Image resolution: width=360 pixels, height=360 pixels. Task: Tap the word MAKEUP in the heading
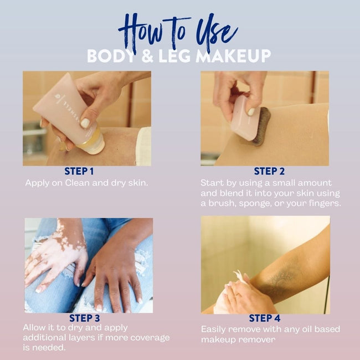(233, 56)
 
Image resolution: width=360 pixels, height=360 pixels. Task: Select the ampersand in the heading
(147, 56)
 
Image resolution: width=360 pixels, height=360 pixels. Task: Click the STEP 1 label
(79, 171)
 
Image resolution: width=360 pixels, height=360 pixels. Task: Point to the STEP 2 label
(269, 171)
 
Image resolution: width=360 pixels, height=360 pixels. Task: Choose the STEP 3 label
(85, 318)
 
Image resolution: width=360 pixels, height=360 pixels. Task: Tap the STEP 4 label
(265, 318)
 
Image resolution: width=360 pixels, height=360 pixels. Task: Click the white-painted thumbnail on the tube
(85, 123)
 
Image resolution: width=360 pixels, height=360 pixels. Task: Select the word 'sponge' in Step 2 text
(255, 204)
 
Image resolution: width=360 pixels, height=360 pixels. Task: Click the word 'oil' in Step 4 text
(307, 329)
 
